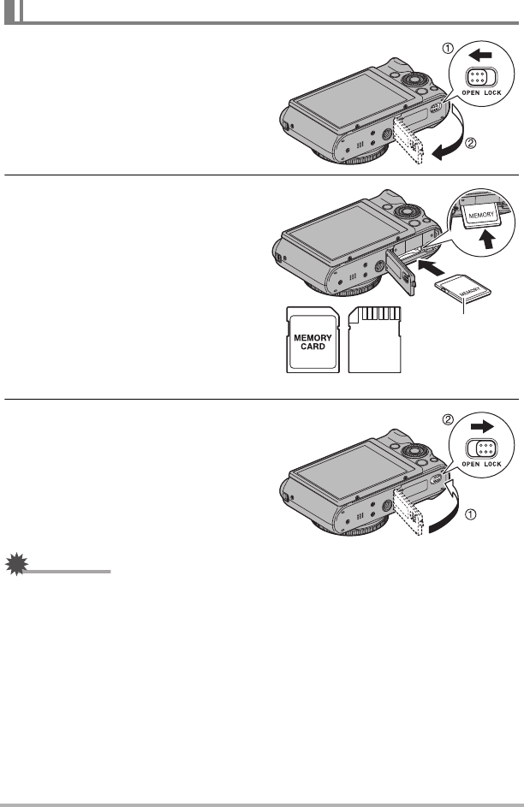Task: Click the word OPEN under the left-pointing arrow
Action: (x=470, y=93)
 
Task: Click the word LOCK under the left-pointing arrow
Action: (x=492, y=93)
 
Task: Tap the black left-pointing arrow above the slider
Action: (x=480, y=55)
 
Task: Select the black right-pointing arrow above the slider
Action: (x=482, y=426)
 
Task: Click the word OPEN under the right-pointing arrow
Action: (x=470, y=464)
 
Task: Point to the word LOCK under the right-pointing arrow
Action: (x=492, y=464)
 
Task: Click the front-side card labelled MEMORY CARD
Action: (x=313, y=340)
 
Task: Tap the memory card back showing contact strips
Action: (x=374, y=340)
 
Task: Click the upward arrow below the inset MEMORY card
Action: (x=485, y=240)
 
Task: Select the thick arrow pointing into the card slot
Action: (x=431, y=268)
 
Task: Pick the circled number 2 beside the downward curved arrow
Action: (x=470, y=143)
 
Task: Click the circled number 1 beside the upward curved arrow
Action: (x=470, y=513)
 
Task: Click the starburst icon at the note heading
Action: (x=16, y=564)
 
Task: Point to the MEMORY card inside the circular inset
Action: (x=481, y=215)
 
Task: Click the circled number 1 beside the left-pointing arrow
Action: (x=449, y=49)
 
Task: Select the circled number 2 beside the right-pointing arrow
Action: (x=449, y=419)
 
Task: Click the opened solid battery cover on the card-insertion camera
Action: (x=402, y=272)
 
